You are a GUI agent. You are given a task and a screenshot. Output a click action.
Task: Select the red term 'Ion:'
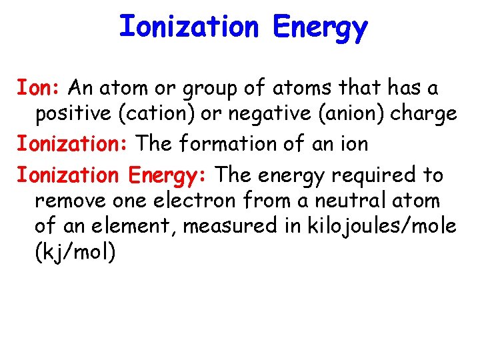(39, 87)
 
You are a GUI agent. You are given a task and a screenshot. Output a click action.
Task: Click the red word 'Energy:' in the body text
(169, 175)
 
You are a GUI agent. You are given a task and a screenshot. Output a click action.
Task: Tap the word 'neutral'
(365, 200)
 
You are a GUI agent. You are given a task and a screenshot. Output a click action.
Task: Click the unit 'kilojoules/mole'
(382, 227)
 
